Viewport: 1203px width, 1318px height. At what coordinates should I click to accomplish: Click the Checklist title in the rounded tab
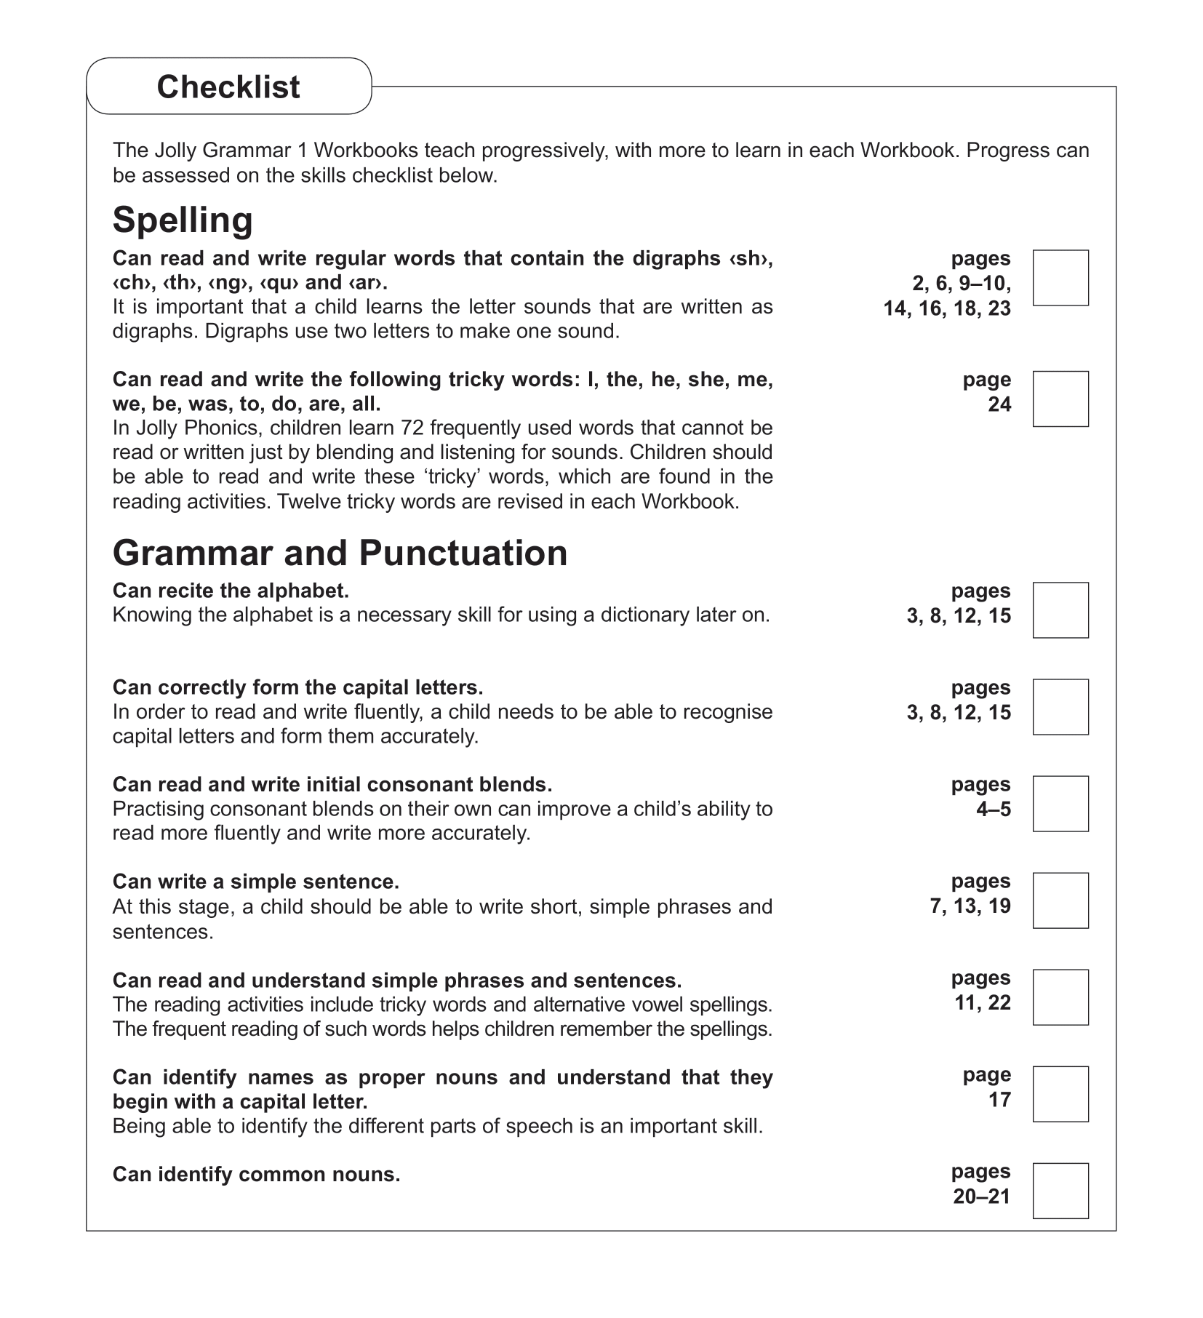pyautogui.click(x=228, y=87)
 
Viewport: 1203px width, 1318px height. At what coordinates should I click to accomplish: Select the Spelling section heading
pyautogui.click(x=183, y=220)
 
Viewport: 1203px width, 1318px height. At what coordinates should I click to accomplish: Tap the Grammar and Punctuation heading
pyautogui.click(x=340, y=553)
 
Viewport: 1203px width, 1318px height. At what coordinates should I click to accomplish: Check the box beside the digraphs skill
pyautogui.click(x=1060, y=278)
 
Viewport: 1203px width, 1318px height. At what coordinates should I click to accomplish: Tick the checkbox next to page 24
pyautogui.click(x=1060, y=399)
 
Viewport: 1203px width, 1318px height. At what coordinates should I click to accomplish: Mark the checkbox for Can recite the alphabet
pyautogui.click(x=1060, y=610)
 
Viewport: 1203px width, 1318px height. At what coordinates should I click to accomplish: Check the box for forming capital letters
pyautogui.click(x=1060, y=706)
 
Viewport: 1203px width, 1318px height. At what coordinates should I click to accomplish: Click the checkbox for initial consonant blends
pyautogui.click(x=1060, y=803)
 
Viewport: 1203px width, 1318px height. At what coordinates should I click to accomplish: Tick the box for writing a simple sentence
pyautogui.click(x=1060, y=900)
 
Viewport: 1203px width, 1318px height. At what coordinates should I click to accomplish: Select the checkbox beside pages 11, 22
pyautogui.click(x=1060, y=997)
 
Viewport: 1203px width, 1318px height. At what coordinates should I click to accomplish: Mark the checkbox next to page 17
pyautogui.click(x=1060, y=1093)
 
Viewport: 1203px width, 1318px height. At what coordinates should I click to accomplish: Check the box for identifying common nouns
pyautogui.click(x=1060, y=1190)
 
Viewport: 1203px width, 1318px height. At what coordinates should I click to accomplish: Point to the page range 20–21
pyautogui.click(x=981, y=1197)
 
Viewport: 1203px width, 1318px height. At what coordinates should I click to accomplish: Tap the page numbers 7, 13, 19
pyautogui.click(x=970, y=906)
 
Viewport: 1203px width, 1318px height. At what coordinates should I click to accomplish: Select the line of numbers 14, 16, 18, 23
pyautogui.click(x=946, y=308)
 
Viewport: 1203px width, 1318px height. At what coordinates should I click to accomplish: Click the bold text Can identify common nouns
pyautogui.click(x=256, y=1174)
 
